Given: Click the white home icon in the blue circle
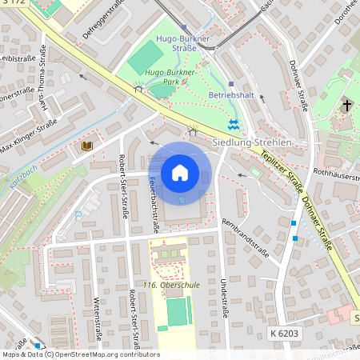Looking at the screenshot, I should coord(180,173).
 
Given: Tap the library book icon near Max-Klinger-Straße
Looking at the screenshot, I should coord(86,146).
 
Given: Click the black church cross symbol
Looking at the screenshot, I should coord(347,106).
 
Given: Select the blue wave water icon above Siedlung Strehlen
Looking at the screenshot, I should coord(233,124).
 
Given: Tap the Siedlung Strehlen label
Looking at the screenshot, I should coord(251,142).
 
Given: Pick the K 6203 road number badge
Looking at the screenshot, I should coord(284,331).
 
